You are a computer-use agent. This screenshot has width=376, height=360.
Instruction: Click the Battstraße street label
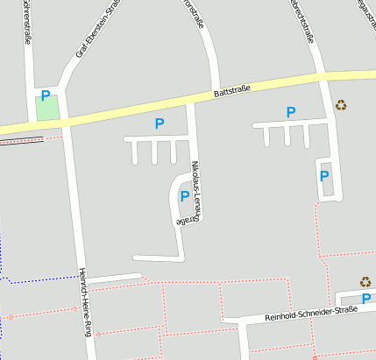tap(231, 90)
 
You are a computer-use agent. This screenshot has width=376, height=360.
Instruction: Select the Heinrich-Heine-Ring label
tap(85, 302)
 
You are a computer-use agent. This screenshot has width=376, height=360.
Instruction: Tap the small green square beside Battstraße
tap(46, 110)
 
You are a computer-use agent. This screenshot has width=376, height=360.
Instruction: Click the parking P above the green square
tap(45, 95)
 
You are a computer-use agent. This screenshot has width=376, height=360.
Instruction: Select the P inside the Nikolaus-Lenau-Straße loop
tap(184, 196)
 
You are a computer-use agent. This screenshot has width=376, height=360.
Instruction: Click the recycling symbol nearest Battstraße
tap(341, 105)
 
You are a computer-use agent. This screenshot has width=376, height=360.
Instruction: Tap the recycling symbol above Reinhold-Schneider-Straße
tap(365, 282)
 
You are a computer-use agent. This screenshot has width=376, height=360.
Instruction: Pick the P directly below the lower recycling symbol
tap(366, 299)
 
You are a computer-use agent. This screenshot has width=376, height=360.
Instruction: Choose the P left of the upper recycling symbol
tap(291, 111)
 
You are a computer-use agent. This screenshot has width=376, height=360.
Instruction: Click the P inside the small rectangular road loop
tap(324, 176)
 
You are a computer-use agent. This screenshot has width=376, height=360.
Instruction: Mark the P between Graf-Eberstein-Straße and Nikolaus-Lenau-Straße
tap(159, 124)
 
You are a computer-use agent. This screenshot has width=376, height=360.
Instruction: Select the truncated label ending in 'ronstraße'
tap(193, 15)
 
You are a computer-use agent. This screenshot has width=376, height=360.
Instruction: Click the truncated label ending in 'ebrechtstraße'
tap(302, 19)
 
